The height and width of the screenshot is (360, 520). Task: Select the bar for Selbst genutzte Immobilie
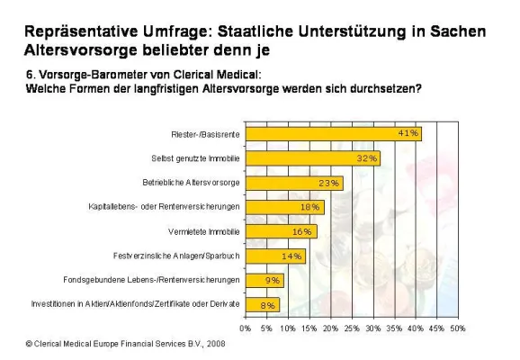tap(310, 158)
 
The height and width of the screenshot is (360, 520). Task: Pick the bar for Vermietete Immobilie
tap(278, 231)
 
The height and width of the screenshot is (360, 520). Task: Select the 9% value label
tap(273, 280)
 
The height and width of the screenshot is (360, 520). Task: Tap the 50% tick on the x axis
tap(457, 328)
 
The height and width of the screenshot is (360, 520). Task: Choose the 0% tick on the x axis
tap(245, 328)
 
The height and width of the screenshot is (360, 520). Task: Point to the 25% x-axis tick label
tap(352, 328)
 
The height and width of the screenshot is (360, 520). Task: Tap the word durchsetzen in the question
tap(386, 88)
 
